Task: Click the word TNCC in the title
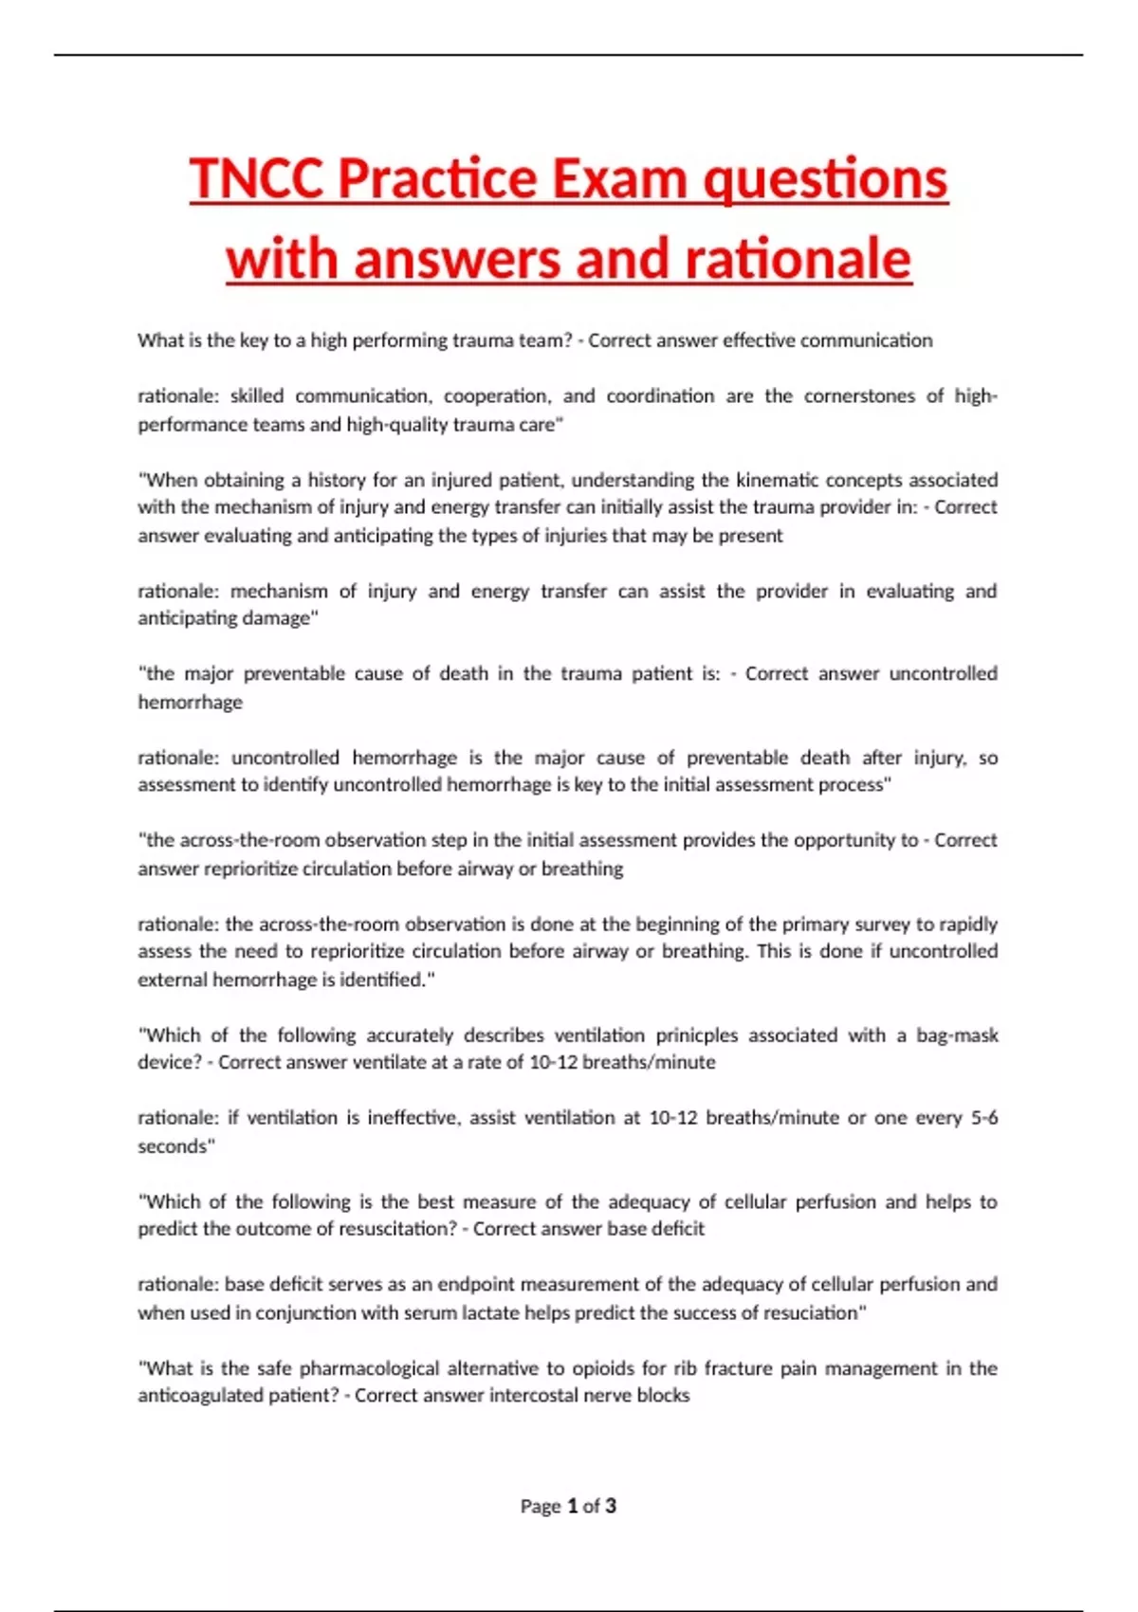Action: coord(257,179)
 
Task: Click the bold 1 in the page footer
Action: coord(572,1506)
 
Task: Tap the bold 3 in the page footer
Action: coord(611,1506)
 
